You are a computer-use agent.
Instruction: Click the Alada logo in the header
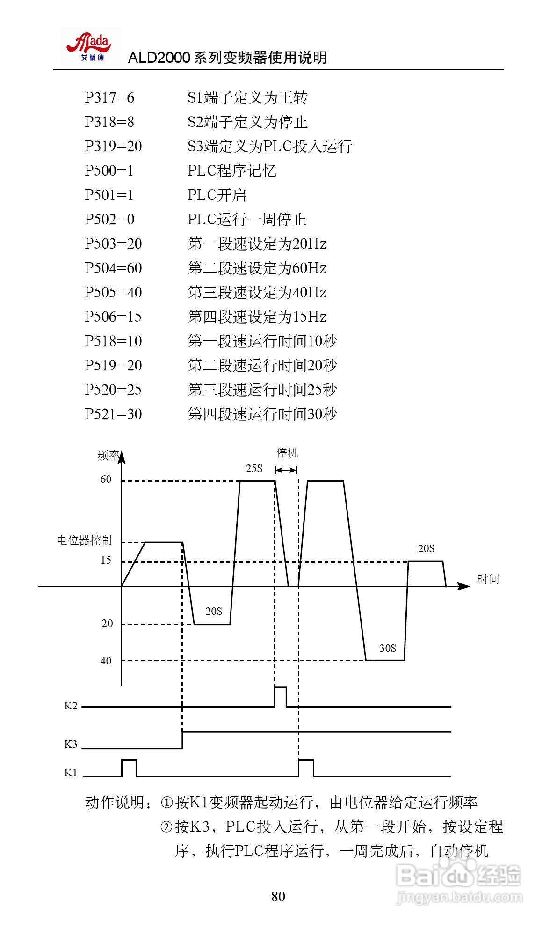point(90,47)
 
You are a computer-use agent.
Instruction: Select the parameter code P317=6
point(109,98)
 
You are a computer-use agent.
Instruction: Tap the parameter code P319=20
point(113,147)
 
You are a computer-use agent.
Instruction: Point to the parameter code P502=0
point(109,220)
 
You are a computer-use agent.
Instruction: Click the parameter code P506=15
point(113,317)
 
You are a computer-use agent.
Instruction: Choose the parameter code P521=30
point(113,414)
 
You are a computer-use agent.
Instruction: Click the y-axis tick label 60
point(106,479)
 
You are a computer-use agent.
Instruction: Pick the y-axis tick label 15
point(106,560)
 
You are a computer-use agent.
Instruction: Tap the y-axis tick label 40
point(106,661)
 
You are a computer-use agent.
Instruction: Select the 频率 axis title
point(109,456)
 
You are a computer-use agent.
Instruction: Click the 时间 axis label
point(488,579)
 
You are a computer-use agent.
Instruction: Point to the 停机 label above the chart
point(287,453)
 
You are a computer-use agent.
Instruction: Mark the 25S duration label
point(254,468)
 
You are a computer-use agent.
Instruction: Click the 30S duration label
point(387,648)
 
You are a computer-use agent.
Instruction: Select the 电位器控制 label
point(84,540)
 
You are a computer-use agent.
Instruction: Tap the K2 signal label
point(71,706)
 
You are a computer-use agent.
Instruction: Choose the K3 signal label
point(71,744)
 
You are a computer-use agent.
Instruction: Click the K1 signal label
point(71,773)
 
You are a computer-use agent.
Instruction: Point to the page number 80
point(278,897)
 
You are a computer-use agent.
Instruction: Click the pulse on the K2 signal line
point(280,696)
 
